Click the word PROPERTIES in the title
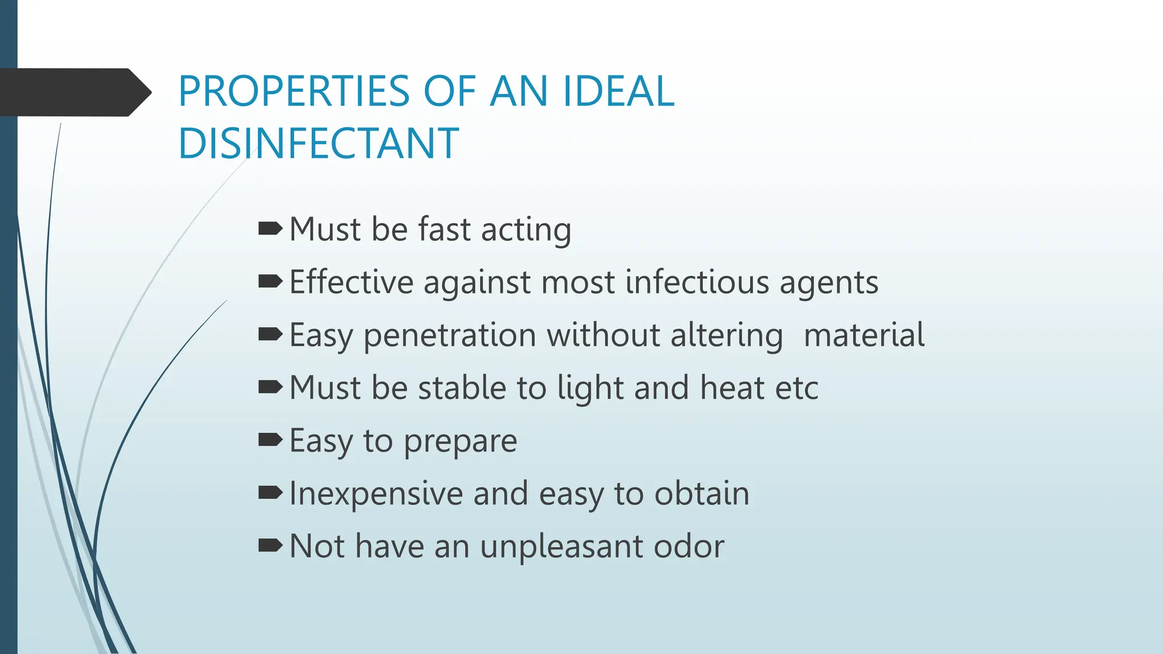point(294,91)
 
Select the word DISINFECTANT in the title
point(318,143)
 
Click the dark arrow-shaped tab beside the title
point(74,93)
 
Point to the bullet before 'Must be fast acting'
point(270,229)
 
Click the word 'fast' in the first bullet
point(445,229)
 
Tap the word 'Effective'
point(352,282)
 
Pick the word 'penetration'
point(450,335)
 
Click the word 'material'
point(864,335)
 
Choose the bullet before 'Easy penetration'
point(270,334)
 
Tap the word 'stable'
point(462,388)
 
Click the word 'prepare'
point(460,442)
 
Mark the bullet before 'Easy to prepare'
point(270,439)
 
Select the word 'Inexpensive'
point(376,493)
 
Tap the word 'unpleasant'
point(562,547)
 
